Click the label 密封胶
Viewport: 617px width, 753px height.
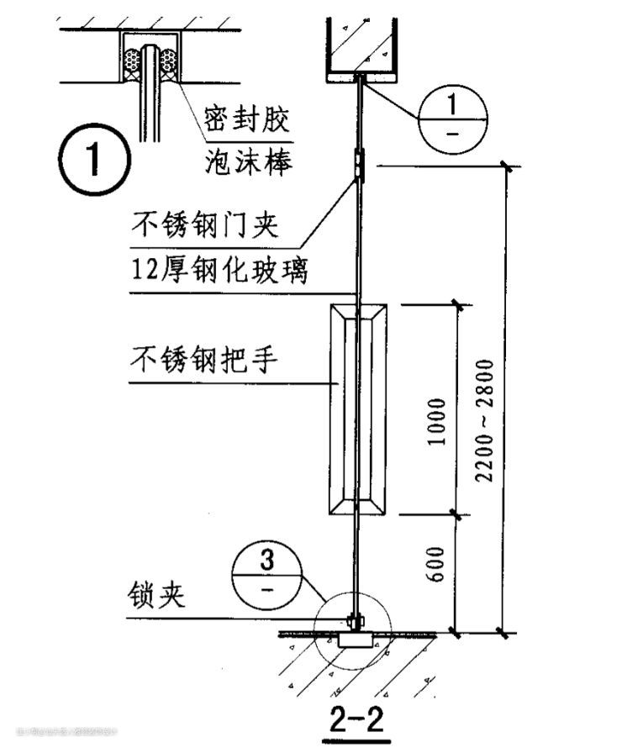pos(247,119)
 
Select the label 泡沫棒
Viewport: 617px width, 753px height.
pos(247,161)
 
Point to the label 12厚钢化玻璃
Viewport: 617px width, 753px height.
pos(220,271)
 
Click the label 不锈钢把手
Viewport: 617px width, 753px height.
pos(204,361)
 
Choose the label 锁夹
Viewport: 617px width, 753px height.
pos(157,598)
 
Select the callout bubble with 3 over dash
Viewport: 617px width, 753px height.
pos(267,574)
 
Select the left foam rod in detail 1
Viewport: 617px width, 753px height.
pos(132,61)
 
